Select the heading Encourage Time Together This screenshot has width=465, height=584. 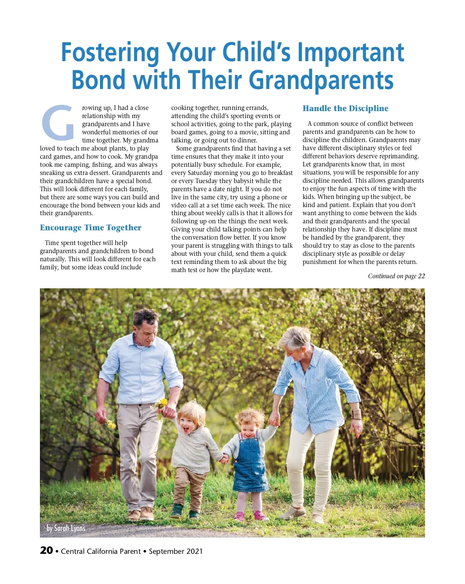[91, 228]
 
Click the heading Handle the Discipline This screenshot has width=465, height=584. [345, 108]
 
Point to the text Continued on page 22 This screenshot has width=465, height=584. [396, 276]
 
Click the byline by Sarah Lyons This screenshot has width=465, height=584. [66, 528]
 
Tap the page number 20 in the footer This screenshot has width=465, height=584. [46, 550]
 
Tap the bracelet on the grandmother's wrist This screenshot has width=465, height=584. [356, 414]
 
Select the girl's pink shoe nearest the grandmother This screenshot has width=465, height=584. [260, 515]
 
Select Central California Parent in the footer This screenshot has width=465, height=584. [101, 551]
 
